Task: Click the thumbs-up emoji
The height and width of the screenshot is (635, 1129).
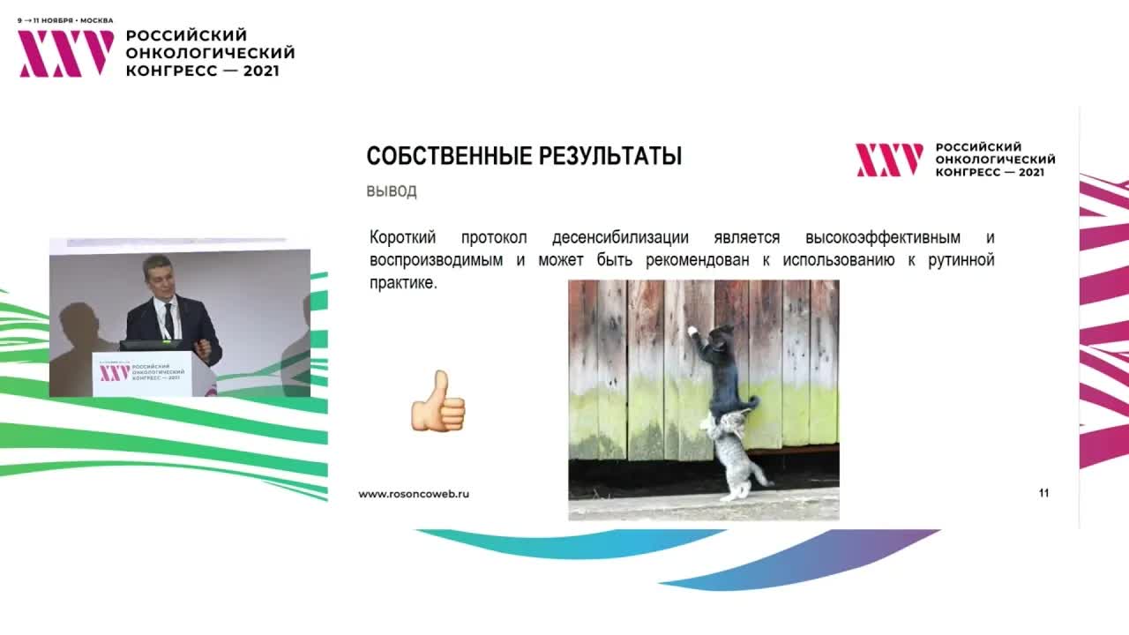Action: pyautogui.click(x=437, y=402)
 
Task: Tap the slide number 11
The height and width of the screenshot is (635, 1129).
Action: pyautogui.click(x=1043, y=494)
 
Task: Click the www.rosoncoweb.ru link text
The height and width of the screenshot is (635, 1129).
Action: pyautogui.click(x=414, y=494)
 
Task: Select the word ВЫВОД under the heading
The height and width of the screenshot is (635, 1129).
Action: pyautogui.click(x=392, y=191)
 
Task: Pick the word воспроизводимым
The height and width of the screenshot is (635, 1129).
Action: pyautogui.click(x=437, y=261)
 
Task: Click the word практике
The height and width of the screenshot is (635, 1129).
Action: pyautogui.click(x=403, y=284)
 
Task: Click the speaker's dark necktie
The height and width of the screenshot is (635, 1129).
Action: pyautogui.click(x=168, y=322)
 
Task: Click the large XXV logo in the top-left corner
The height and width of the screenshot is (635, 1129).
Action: pyautogui.click(x=66, y=54)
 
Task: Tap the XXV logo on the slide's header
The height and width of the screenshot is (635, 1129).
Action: pyautogui.click(x=889, y=160)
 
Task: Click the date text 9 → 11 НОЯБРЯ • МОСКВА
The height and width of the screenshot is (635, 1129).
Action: pyautogui.click(x=65, y=20)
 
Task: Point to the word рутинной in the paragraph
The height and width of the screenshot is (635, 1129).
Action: pyautogui.click(x=961, y=261)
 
